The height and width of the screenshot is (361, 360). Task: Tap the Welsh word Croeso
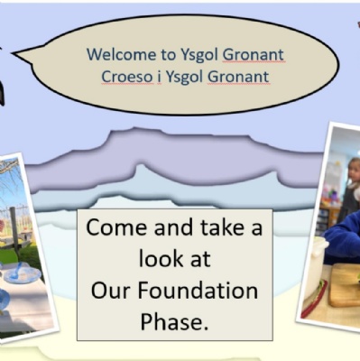click(x=126, y=77)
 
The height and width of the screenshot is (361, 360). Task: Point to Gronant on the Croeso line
click(x=238, y=77)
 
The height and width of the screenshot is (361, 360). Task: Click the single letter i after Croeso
click(x=159, y=77)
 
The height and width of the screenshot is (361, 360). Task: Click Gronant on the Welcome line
click(x=254, y=54)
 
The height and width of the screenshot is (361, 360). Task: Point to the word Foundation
click(x=198, y=291)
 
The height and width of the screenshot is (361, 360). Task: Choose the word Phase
click(x=174, y=322)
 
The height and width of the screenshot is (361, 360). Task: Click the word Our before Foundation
click(x=111, y=291)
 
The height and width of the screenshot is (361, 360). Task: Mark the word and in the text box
click(x=173, y=227)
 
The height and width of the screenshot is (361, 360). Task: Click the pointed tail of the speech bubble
click(x=13, y=53)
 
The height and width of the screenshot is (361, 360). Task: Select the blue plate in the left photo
click(x=23, y=274)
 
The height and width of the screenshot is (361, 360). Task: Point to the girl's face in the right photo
click(x=355, y=171)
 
